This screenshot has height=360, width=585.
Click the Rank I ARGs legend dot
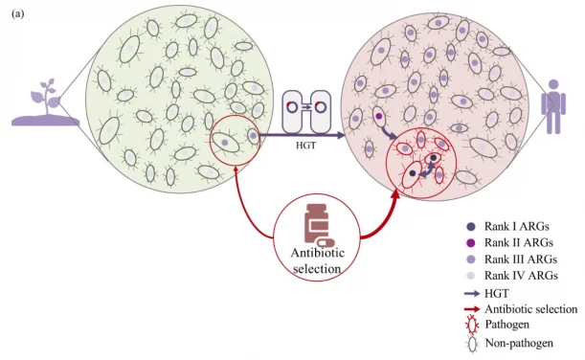[x=469, y=226]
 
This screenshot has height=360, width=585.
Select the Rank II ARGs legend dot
[x=469, y=242]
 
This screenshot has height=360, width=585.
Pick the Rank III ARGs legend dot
[x=469, y=259]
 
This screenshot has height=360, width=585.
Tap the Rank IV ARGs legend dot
[x=469, y=275]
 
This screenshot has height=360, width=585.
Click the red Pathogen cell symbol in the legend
[x=469, y=326]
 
